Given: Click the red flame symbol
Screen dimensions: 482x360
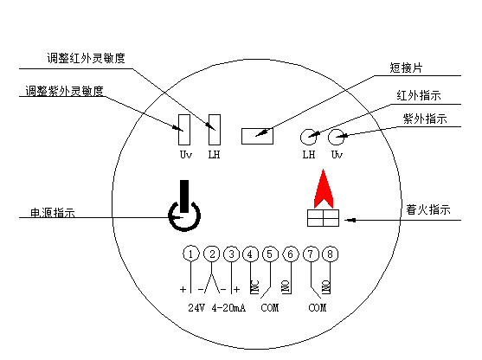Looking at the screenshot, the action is point(324,189).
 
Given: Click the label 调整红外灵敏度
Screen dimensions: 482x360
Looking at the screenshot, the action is point(86,58).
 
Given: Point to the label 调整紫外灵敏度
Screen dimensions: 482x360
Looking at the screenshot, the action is point(64,91).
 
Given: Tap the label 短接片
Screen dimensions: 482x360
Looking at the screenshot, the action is point(406,67).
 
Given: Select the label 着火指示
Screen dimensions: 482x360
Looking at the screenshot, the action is point(428,209).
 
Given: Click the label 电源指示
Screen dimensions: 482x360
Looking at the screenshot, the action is point(53,212).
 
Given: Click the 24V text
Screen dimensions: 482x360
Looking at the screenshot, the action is point(196,308).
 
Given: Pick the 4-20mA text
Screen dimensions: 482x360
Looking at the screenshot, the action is point(228,308).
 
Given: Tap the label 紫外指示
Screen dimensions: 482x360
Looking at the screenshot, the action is point(425,119).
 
